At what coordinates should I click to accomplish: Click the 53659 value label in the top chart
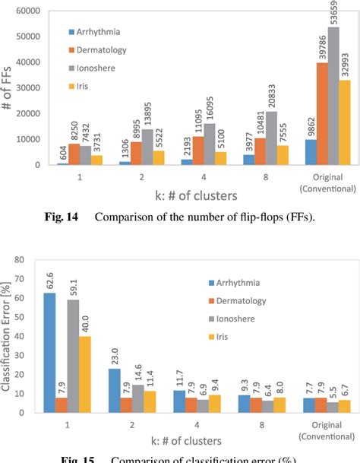333,14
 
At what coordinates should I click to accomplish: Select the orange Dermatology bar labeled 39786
322,113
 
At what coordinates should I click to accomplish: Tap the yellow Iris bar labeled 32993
343,122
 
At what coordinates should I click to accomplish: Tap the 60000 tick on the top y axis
28,11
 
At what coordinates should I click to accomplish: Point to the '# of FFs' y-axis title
8,87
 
